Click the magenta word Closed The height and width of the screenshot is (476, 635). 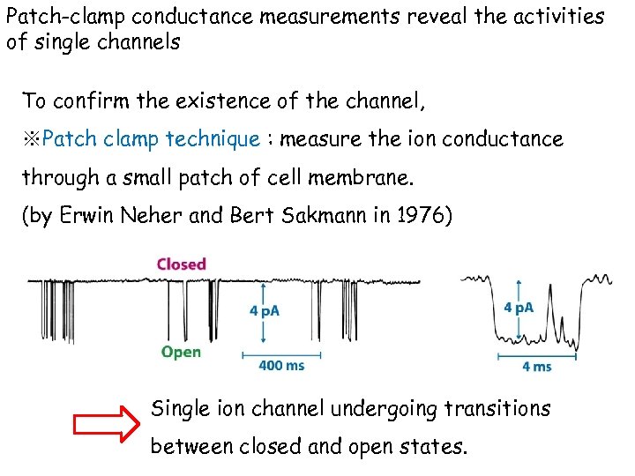coord(181,264)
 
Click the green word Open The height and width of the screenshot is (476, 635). coord(181,352)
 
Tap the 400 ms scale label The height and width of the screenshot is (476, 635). coord(282,365)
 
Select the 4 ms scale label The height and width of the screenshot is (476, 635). coord(537,365)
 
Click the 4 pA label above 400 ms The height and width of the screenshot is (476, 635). coord(265,311)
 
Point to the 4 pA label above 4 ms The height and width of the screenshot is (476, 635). coord(519,307)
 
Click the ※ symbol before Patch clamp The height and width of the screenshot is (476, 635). coord(31,139)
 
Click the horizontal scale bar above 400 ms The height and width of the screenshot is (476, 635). coord(281,354)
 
